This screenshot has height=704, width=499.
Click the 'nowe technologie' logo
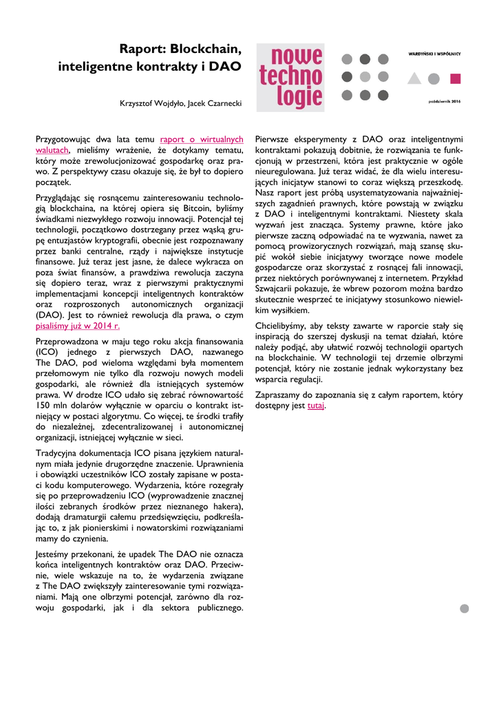coord(290,77)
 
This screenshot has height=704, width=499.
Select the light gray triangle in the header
coord(414,78)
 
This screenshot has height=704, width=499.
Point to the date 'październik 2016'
coord(444,100)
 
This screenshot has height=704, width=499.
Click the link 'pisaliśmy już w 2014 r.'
coord(78,327)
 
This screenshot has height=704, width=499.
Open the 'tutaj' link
coord(316,406)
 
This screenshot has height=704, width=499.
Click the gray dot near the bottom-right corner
coord(464,608)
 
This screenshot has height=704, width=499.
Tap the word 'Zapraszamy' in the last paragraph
coord(278,395)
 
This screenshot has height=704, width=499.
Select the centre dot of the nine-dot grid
coord(364,77)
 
